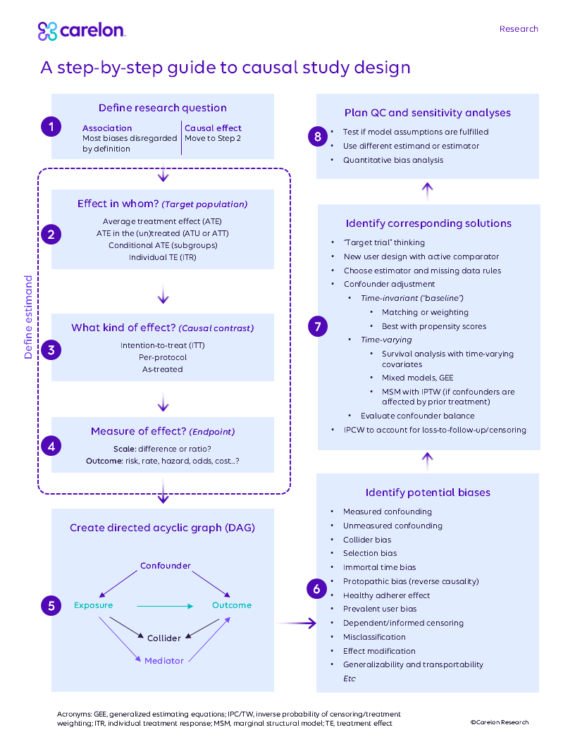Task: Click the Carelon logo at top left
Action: pos(81,31)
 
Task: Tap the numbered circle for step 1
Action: pos(50,127)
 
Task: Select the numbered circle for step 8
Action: pos(318,136)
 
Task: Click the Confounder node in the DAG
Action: pos(165,566)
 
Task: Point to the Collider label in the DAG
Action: pos(163,638)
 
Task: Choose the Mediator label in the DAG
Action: pos(164,661)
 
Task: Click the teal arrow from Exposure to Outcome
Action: pos(164,605)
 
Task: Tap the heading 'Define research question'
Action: pos(163,108)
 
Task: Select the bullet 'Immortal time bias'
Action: pos(379,567)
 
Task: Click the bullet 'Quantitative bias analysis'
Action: pos(393,160)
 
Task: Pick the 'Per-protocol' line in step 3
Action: pos(163,357)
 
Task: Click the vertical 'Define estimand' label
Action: pos(29,317)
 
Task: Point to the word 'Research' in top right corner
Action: pos(519,29)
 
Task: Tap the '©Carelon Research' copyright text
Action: pos(499,722)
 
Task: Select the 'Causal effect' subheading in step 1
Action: pos(213,128)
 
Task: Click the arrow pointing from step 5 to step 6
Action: pos(296,623)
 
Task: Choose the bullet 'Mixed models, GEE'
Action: pos(417,378)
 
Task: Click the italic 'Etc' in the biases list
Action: pos(350,678)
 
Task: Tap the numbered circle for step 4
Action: pos(50,445)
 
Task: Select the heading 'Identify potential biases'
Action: pos(428,492)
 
